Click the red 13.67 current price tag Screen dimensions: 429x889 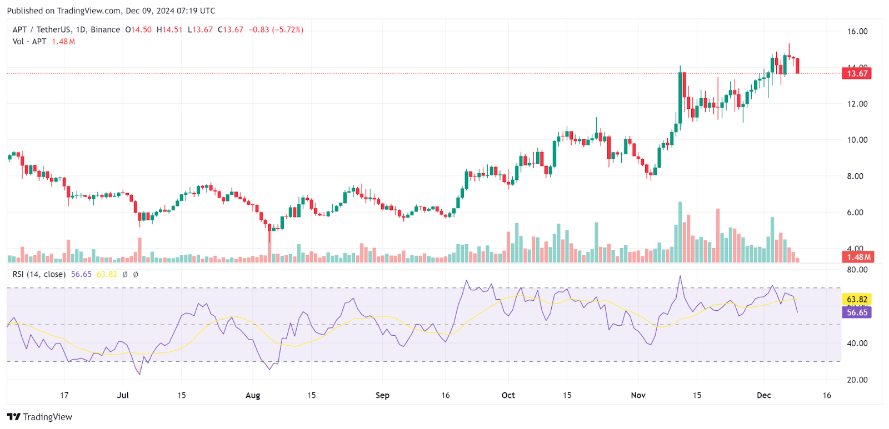click(x=857, y=73)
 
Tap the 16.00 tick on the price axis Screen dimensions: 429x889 click(x=857, y=32)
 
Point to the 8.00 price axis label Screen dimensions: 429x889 click(x=857, y=176)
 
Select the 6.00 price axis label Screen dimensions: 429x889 click(x=857, y=213)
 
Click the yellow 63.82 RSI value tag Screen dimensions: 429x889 click(x=857, y=300)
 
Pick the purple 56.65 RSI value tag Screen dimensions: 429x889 click(x=857, y=312)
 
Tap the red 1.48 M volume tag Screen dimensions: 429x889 click(x=858, y=257)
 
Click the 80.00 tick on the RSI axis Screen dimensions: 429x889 click(x=857, y=270)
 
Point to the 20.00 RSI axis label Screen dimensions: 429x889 click(x=857, y=380)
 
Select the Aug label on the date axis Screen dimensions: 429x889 click(x=253, y=395)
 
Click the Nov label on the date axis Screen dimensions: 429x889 click(x=638, y=395)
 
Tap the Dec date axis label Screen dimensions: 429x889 click(x=764, y=395)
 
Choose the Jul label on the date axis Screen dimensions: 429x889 click(x=123, y=395)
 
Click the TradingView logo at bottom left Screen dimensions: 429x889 click(x=40, y=417)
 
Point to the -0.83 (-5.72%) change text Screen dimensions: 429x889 click(x=276, y=30)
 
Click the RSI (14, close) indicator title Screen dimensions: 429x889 click(x=39, y=274)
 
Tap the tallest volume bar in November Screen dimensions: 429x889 click(x=680, y=232)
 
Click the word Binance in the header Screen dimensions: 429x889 click(x=105, y=30)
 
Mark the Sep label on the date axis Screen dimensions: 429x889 click(x=382, y=395)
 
